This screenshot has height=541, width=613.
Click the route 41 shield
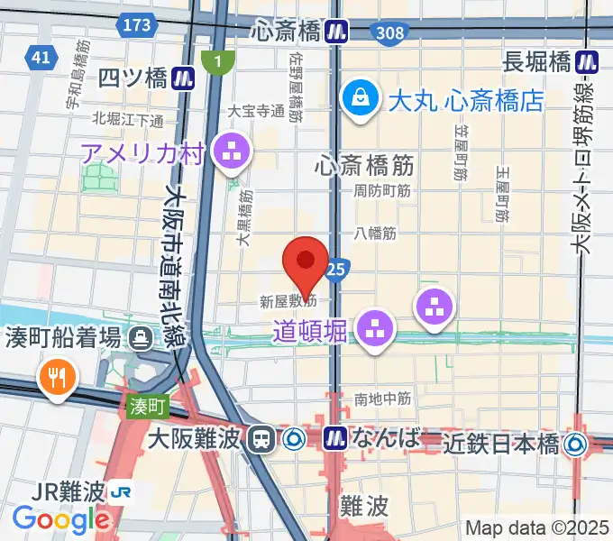39,58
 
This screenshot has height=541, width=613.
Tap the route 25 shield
336,268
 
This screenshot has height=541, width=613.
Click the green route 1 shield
217,61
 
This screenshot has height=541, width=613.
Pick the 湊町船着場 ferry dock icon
142,339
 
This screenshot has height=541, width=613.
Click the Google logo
61,519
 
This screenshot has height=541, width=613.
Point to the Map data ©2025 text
537,528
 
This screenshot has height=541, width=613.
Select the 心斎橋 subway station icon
338,32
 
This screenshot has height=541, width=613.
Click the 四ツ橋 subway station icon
185,78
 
